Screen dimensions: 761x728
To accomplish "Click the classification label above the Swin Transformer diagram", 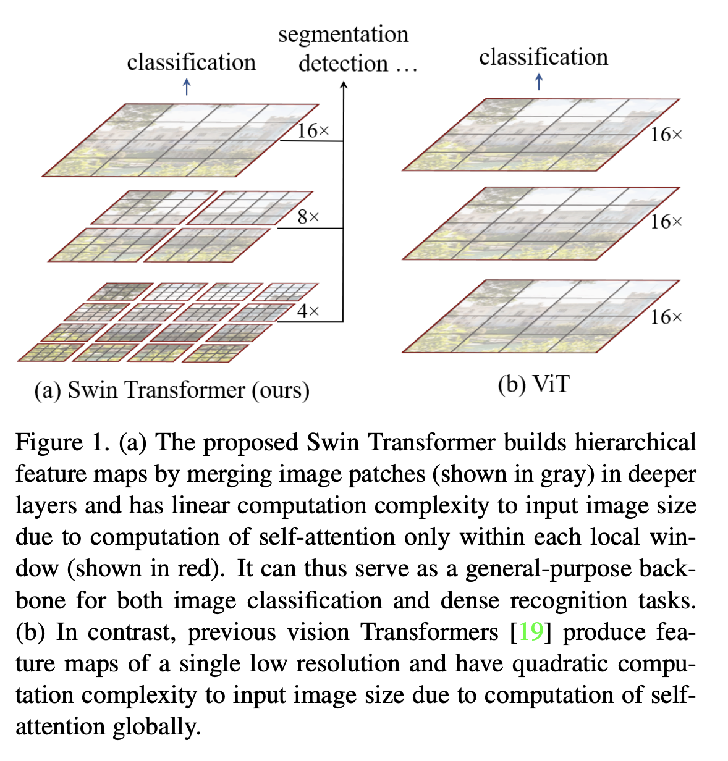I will pyautogui.click(x=191, y=62).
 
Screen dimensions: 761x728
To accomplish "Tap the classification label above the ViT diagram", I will pyautogui.click(x=543, y=57).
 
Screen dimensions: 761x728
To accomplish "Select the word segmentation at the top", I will pyautogui.click(x=343, y=34).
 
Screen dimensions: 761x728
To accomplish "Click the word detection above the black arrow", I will pyautogui.click(x=343, y=63).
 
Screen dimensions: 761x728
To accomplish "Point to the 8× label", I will pyautogui.click(x=308, y=217).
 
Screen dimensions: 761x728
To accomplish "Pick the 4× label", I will pyautogui.click(x=308, y=311).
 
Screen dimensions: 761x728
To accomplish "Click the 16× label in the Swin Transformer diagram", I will pyautogui.click(x=313, y=131).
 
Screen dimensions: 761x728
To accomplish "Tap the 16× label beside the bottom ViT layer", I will pyautogui.click(x=666, y=317).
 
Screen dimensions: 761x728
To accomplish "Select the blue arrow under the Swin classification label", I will pyautogui.click(x=187, y=87).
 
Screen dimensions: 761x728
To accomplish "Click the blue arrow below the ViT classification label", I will pyautogui.click(x=539, y=82).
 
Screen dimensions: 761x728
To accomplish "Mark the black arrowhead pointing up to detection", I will pyautogui.click(x=344, y=85).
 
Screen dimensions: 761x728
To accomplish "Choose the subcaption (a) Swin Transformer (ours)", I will pyautogui.click(x=172, y=390).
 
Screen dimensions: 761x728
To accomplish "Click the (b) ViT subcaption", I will pyautogui.click(x=533, y=384).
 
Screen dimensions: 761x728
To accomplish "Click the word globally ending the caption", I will pyautogui.click(x=157, y=726).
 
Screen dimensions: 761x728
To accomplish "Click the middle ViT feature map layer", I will pyautogui.click(x=541, y=224).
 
